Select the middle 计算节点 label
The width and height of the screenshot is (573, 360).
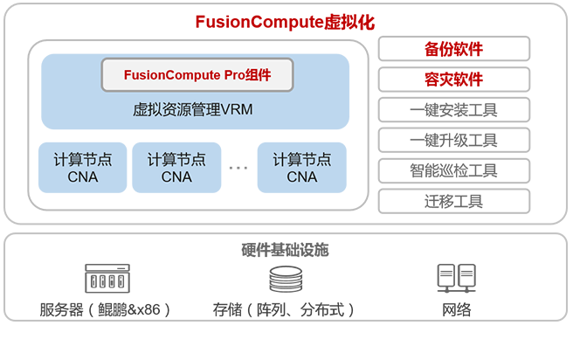[x=176, y=160]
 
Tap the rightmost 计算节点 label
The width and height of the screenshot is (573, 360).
[x=301, y=160]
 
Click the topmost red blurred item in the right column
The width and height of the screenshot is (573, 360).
[x=452, y=48]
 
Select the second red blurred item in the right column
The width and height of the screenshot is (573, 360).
[x=452, y=80]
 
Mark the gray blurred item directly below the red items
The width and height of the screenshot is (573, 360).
[x=452, y=109]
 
